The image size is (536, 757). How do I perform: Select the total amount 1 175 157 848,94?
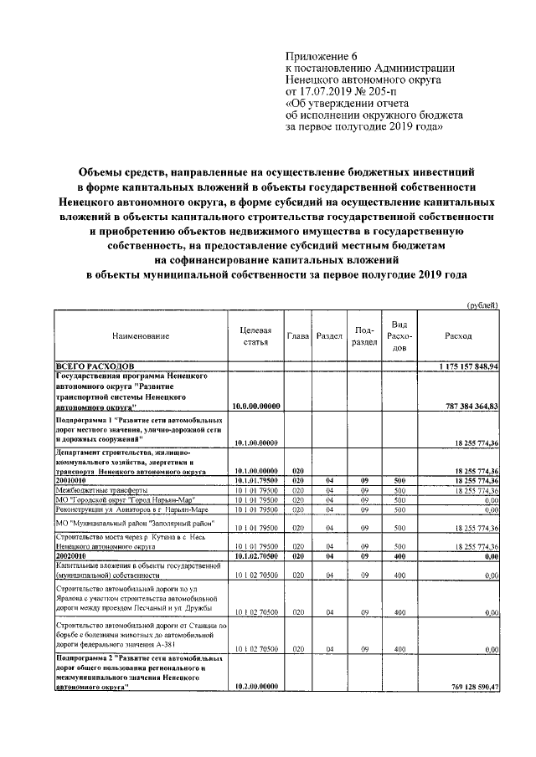click(x=469, y=366)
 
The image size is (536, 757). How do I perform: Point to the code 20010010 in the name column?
click(x=74, y=480)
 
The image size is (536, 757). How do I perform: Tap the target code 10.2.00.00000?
click(x=255, y=687)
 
